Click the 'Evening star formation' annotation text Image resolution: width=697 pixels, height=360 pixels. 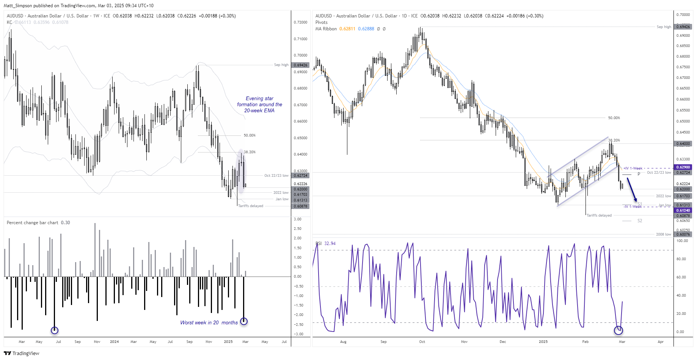259,104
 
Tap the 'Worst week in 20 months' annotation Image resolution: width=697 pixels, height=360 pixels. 209,323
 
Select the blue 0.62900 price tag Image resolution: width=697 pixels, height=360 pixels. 683,167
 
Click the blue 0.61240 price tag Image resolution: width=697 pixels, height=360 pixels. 683,211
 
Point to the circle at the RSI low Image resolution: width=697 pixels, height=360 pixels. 619,330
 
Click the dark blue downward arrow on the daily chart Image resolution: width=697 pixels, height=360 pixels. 632,190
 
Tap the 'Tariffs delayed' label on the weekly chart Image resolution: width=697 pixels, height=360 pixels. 250,206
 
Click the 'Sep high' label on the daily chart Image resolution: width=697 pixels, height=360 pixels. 664,27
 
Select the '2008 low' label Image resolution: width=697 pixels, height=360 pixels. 663,234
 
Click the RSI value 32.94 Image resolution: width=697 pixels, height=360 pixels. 330,244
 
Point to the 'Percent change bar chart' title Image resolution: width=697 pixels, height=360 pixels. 33,223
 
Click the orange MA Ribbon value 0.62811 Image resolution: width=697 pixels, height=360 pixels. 347,29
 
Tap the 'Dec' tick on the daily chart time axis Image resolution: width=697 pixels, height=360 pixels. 503,342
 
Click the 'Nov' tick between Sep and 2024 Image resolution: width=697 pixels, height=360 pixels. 97,342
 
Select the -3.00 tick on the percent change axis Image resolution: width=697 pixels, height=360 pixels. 298,334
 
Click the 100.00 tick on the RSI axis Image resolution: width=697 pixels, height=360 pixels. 682,241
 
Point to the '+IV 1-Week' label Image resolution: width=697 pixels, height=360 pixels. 633,168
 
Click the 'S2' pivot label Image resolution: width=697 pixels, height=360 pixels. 640,221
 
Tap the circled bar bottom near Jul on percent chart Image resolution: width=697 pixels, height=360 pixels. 55,330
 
